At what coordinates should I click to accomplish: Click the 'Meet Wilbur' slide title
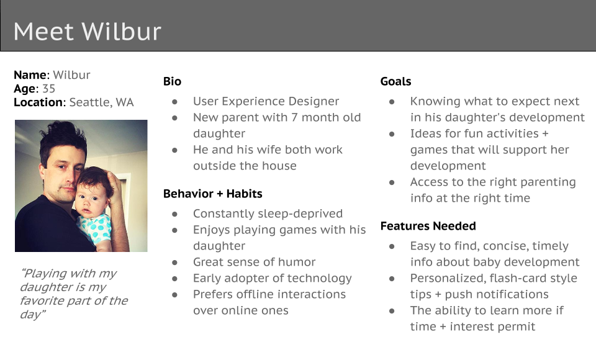(x=88, y=31)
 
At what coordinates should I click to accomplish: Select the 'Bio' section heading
(x=172, y=81)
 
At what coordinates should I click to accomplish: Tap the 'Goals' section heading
(x=395, y=81)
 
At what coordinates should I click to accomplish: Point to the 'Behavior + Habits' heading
(x=213, y=194)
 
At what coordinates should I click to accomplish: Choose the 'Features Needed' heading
(x=428, y=226)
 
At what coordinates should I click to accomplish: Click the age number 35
(x=48, y=89)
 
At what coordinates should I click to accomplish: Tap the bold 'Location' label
(x=38, y=102)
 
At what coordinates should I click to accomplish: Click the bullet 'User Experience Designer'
(x=266, y=101)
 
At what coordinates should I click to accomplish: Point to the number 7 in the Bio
(x=294, y=117)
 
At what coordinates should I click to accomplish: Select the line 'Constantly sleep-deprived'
(x=268, y=214)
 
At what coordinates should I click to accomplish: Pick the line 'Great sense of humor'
(x=255, y=262)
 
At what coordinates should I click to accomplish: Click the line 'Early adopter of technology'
(x=273, y=278)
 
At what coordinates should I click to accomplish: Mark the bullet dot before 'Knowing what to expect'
(x=392, y=102)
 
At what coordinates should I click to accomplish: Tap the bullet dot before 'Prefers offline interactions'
(x=175, y=295)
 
